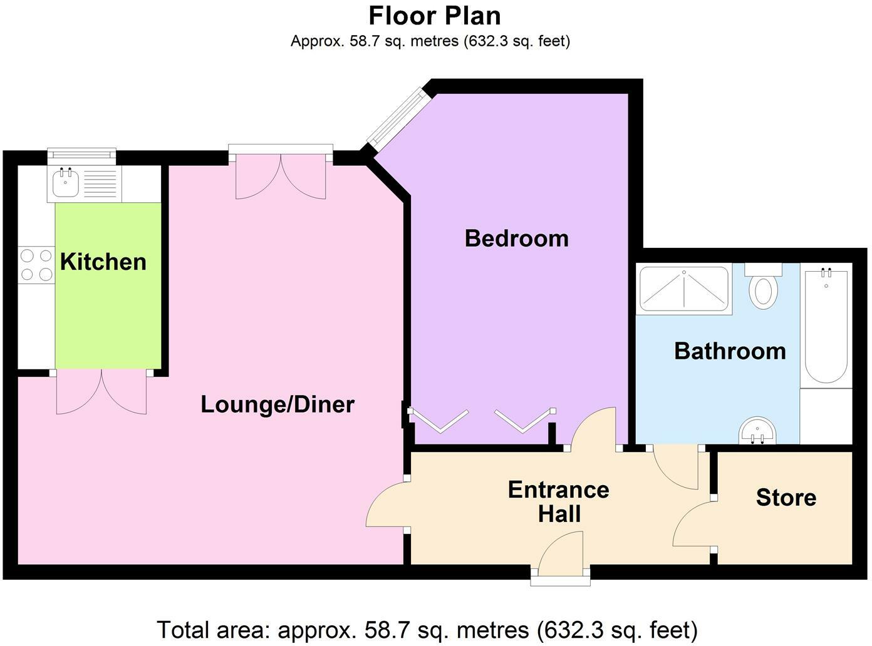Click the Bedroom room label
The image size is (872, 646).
coord(516,238)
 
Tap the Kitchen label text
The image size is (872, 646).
coord(103,262)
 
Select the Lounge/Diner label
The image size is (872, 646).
coord(278,404)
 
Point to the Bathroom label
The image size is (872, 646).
coord(730,351)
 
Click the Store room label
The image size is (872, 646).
coord(786,498)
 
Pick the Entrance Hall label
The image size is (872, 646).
coord(559,501)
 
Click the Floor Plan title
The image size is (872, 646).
coord(435,15)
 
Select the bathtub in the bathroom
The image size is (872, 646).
coord(826,326)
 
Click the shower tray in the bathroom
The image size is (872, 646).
coord(684,289)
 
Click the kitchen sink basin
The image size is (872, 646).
coord(64,183)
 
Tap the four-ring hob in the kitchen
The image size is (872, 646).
coord(36,265)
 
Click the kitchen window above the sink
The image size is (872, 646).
coord(82,153)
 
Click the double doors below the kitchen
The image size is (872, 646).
coord(101,392)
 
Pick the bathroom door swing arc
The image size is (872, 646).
coord(675,468)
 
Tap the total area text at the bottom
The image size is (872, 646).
coord(427,629)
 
